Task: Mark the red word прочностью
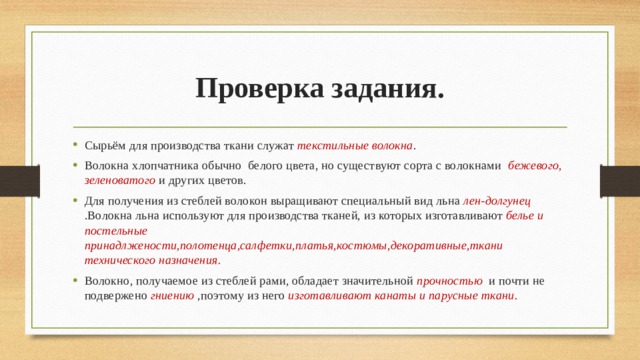coord(449,280)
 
